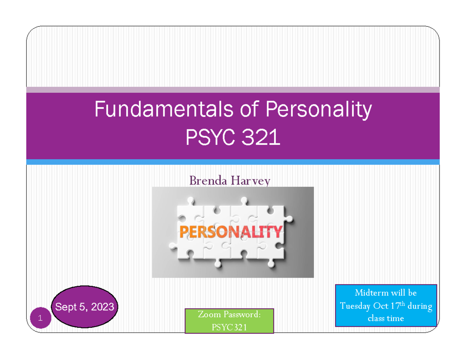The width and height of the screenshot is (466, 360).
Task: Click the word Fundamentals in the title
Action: click(x=161, y=110)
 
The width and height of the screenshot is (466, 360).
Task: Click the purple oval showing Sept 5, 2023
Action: click(x=85, y=307)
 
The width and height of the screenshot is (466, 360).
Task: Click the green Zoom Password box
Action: click(x=229, y=321)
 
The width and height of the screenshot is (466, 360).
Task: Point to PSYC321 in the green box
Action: click(x=229, y=327)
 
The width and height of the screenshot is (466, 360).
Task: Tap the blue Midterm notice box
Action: click(x=386, y=306)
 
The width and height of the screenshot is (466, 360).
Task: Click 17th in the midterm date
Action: click(x=398, y=306)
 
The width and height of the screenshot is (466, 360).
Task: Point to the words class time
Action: click(x=386, y=318)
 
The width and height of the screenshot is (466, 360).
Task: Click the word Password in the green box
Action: click(x=241, y=315)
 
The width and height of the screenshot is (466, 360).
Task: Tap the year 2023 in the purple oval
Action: click(x=102, y=307)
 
